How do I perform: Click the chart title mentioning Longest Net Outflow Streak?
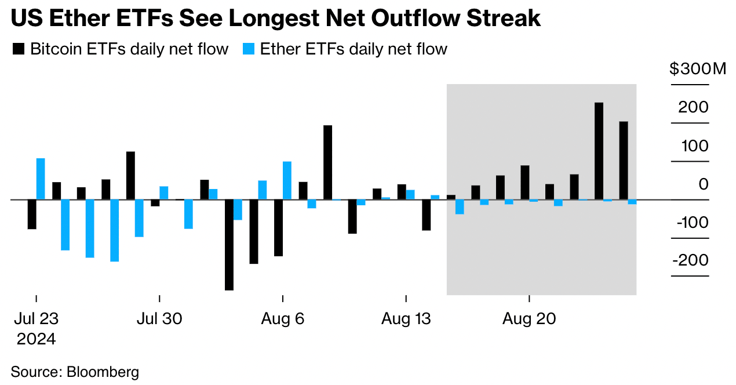[x=276, y=19]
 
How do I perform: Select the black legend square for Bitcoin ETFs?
[x=19, y=49]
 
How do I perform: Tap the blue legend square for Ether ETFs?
[x=249, y=49]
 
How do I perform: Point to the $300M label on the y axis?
[x=697, y=70]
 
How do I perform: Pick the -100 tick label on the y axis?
[x=690, y=222]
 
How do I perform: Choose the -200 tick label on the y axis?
[x=690, y=260]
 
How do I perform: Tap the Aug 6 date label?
[x=283, y=319]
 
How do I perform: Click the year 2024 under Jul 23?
[x=36, y=339]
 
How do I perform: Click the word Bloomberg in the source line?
[x=103, y=372]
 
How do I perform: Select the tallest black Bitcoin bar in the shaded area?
[x=599, y=151]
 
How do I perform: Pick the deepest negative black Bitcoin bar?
[x=229, y=245]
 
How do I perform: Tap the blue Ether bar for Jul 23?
[x=41, y=179]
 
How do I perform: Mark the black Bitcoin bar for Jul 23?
[x=32, y=214]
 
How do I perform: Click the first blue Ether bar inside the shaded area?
[x=460, y=207]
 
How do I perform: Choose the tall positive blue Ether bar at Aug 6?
[x=287, y=180]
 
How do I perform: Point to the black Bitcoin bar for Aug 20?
[x=525, y=182]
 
